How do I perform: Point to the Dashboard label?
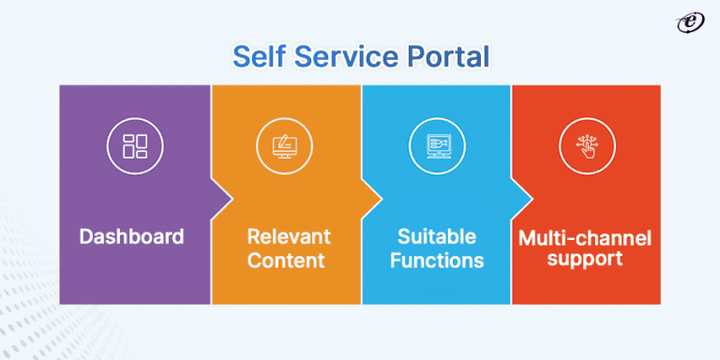point(131,236)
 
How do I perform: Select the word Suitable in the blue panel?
point(436,235)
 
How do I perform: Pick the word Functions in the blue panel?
point(436,260)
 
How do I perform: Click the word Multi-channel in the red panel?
point(585,237)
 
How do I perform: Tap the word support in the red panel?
point(585,260)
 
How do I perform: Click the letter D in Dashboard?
point(86,236)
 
